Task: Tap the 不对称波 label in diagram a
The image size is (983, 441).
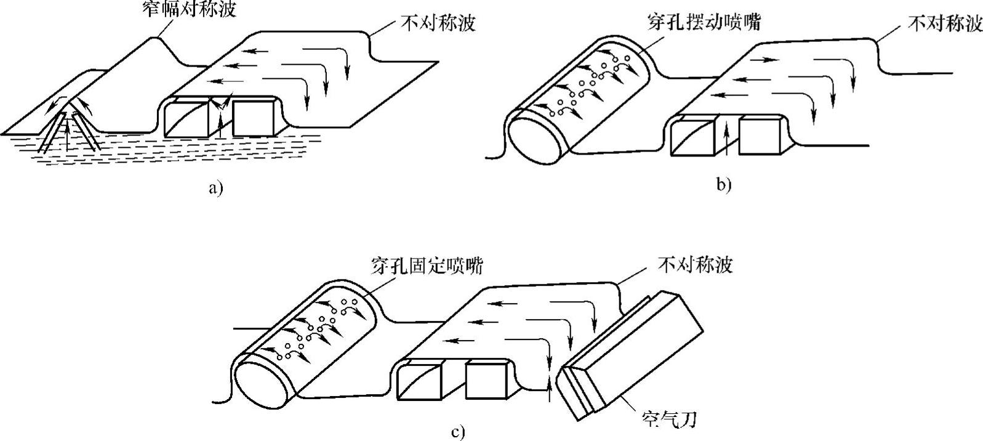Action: click(438, 23)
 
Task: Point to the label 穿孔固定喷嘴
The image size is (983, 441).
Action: click(427, 266)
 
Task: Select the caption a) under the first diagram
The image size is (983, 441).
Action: click(214, 188)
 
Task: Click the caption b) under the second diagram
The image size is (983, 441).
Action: click(724, 185)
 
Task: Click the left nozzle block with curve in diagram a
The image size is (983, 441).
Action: click(187, 118)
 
